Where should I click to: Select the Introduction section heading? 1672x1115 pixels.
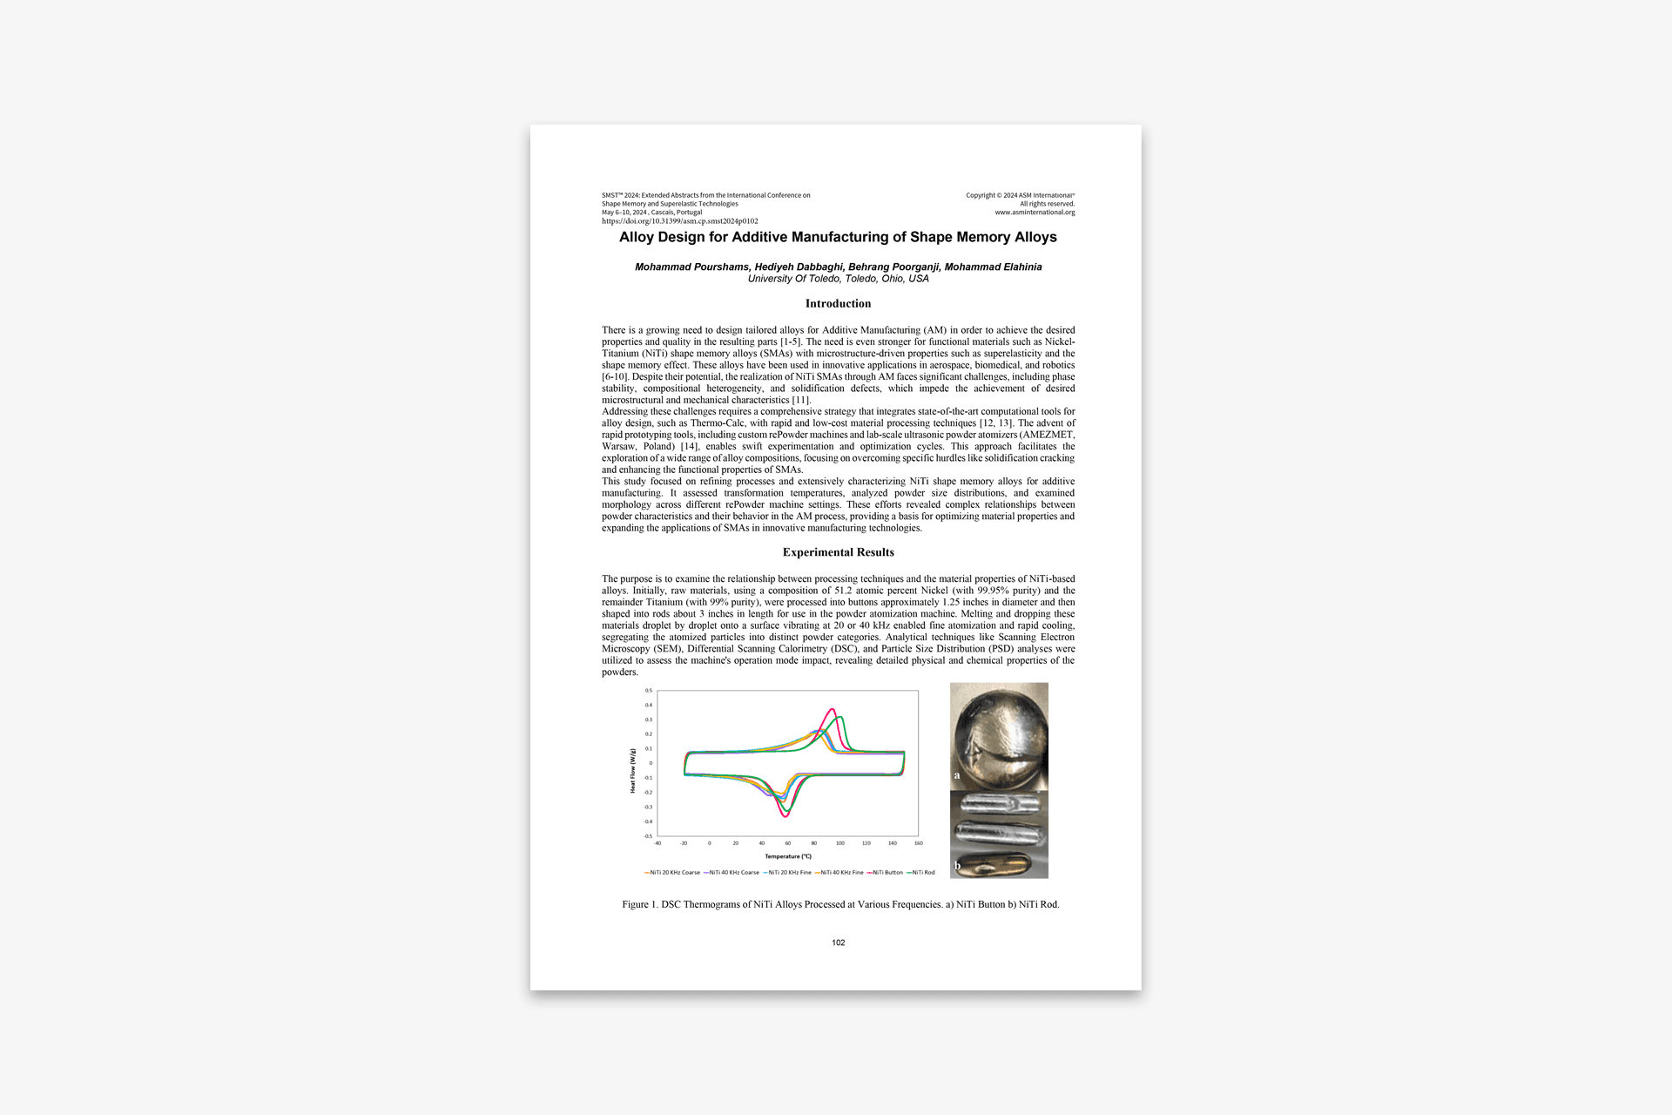click(x=838, y=304)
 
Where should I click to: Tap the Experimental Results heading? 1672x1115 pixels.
click(x=838, y=552)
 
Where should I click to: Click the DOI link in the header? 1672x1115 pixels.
click(x=679, y=221)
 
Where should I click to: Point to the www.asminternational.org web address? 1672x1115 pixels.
click(x=1035, y=213)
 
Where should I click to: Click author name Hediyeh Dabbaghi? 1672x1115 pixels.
click(x=799, y=267)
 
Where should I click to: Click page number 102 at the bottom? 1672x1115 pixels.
click(x=838, y=943)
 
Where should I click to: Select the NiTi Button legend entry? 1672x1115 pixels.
click(x=887, y=872)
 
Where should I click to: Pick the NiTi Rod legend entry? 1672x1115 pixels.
click(x=922, y=872)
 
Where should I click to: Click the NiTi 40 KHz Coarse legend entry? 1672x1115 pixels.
click(x=733, y=872)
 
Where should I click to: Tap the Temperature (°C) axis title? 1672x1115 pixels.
click(x=788, y=856)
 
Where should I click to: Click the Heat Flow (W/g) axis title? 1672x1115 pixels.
click(x=633, y=770)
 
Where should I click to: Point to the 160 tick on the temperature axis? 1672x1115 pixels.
click(x=919, y=843)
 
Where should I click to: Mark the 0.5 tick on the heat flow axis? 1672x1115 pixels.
click(x=649, y=691)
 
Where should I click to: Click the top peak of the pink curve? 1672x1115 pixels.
click(x=833, y=709)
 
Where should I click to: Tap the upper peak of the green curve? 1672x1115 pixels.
click(x=840, y=717)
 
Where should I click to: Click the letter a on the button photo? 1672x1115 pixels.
click(x=957, y=774)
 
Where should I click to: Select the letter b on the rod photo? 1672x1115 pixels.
click(x=957, y=865)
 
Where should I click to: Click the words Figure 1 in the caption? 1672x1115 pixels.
click(x=639, y=905)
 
